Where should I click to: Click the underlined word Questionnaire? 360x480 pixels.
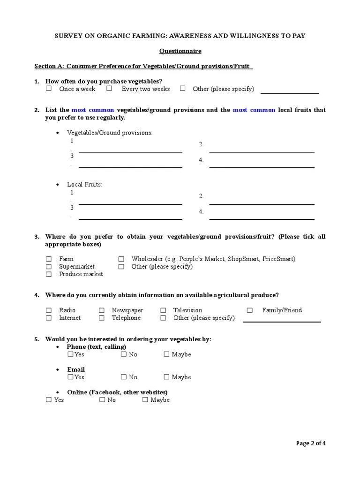(x=180, y=51)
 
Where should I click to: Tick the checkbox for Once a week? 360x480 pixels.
(x=49, y=88)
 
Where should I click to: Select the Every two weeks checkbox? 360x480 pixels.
(x=109, y=88)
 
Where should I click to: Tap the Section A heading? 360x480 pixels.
(x=143, y=66)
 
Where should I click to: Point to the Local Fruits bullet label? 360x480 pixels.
(x=84, y=184)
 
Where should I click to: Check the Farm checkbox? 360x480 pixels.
(x=49, y=259)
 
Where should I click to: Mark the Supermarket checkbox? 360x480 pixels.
(x=49, y=266)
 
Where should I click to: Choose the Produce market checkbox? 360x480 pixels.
(x=49, y=274)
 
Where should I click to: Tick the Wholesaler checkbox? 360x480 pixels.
(x=121, y=259)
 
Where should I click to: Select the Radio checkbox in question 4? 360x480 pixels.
(x=49, y=310)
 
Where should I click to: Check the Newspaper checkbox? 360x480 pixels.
(x=102, y=310)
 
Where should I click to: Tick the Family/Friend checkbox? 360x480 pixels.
(x=250, y=310)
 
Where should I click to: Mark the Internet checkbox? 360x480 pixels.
(x=49, y=318)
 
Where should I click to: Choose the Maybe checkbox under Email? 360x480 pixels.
(x=166, y=377)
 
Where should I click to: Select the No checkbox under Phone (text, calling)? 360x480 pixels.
(x=124, y=354)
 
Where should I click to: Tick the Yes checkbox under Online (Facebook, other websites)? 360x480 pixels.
(x=49, y=400)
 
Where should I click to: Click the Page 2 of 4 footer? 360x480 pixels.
(x=311, y=443)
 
